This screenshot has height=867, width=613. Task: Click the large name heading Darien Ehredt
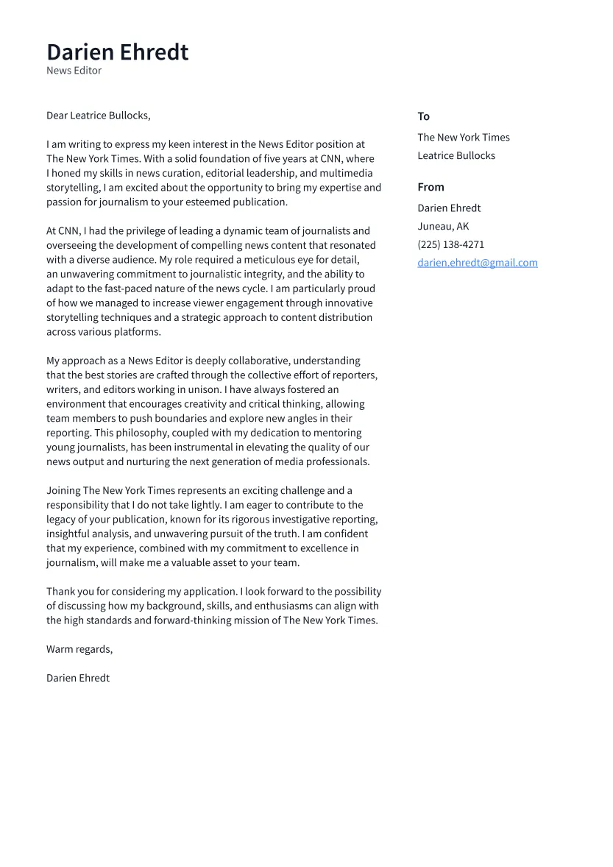117,52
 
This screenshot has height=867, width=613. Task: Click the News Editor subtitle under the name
74,71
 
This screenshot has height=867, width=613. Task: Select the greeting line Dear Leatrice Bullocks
98,116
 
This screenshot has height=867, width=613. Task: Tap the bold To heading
423,116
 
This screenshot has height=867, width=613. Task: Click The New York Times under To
463,138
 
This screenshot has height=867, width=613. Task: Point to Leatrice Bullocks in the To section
456,156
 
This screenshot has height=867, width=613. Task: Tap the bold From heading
430,187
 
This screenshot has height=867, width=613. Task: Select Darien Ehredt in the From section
449,208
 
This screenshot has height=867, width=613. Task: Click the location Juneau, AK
442,227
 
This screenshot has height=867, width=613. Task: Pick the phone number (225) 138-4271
450,244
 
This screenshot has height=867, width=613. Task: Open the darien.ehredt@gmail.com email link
477,263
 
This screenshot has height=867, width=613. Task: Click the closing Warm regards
79,649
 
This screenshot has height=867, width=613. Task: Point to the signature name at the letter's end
77,678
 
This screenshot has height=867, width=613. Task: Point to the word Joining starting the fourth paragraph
63,491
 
